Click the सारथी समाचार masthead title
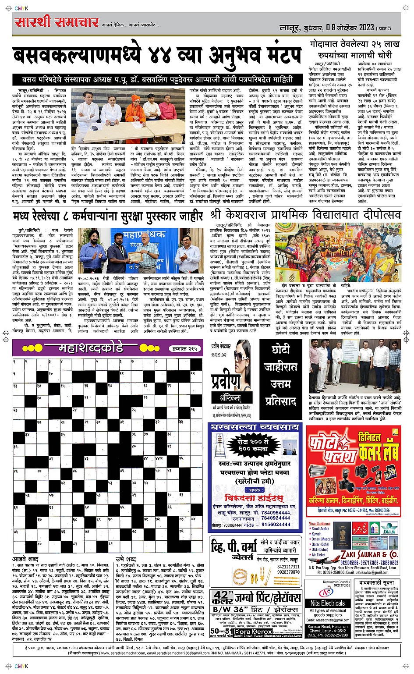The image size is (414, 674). click(x=57, y=22)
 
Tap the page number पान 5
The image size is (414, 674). click(x=384, y=28)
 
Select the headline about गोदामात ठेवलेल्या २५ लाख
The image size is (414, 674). click(x=354, y=50)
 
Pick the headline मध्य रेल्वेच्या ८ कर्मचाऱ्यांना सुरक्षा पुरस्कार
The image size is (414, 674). click(x=108, y=216)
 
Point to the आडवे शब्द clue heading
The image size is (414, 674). click(x=25, y=559)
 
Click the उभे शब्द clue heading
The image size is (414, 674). click(x=126, y=559)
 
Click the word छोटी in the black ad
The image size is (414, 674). click(x=280, y=349)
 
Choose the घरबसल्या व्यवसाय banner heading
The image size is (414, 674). click(x=249, y=427)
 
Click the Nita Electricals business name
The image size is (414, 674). click(x=327, y=603)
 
